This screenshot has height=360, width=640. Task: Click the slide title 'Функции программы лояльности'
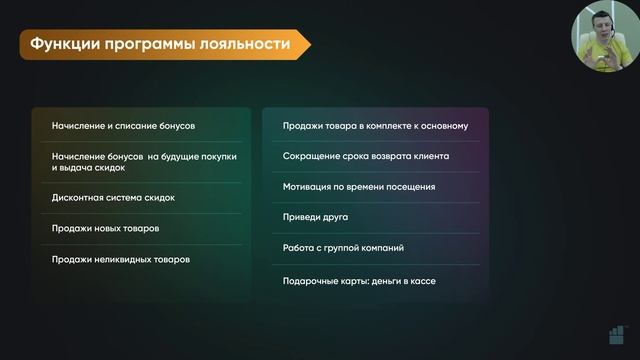[160, 45]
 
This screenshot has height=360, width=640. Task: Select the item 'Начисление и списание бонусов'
[123, 126]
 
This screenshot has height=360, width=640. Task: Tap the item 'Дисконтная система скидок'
[113, 197]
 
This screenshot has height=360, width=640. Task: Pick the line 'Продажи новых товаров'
[105, 228]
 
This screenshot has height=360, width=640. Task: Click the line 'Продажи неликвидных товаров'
[120, 259]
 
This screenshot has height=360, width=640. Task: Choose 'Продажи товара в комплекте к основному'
[375, 126]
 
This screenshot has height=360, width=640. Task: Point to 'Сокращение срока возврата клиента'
[365, 156]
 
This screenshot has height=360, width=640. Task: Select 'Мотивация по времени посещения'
[358, 187]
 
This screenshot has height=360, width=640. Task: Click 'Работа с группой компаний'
[343, 247]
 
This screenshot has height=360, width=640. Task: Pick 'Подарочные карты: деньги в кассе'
[359, 281]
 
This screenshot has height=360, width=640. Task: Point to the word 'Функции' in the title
[62, 45]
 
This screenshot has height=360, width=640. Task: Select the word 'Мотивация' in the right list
[309, 187]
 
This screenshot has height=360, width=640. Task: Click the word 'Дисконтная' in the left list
[78, 197]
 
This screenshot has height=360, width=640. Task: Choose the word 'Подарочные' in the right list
[311, 281]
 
